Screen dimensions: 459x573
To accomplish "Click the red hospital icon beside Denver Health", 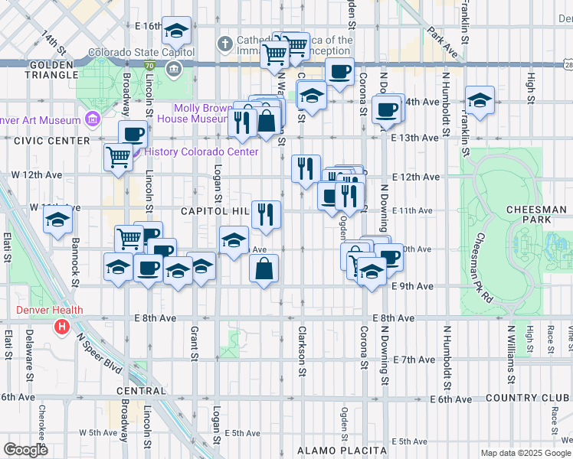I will click(62, 327).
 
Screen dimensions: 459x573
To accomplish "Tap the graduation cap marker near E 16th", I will click(177, 31).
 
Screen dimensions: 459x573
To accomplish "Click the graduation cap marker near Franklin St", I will click(479, 100).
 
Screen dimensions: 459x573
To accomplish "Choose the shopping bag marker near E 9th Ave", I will click(264, 269).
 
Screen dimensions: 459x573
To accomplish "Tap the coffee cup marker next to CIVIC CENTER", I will click(133, 135).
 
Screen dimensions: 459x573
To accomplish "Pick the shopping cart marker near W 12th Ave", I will click(118, 158).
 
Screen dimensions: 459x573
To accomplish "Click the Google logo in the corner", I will click(25, 449).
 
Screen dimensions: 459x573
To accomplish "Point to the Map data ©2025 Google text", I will click(525, 453).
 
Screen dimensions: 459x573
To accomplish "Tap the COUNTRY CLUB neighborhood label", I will click(529, 399).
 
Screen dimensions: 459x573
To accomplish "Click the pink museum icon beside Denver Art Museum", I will click(93, 119).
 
